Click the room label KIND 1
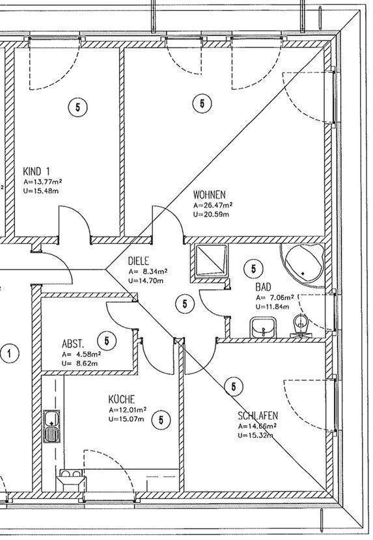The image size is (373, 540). tap(36, 171)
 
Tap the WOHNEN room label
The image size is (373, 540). tap(209, 195)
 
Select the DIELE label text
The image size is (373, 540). tap(139, 261)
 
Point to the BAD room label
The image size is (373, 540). tap(264, 286)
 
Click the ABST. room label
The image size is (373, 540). tap(73, 344)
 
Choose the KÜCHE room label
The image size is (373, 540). tap(122, 399)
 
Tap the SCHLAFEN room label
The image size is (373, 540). tap(258, 416)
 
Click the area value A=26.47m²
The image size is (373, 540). tap(213, 205)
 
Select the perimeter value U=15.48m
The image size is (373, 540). tap(41, 191)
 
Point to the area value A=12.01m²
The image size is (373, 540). tap(128, 410)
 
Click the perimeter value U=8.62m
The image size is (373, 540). tap(79, 363)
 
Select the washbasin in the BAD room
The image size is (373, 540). tap(264, 327)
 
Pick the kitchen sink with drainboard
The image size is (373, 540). tap(51, 426)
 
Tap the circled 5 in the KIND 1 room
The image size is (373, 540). tap(77, 107)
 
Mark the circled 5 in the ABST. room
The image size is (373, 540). tap(107, 341)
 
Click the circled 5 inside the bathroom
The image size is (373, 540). tap(254, 269)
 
